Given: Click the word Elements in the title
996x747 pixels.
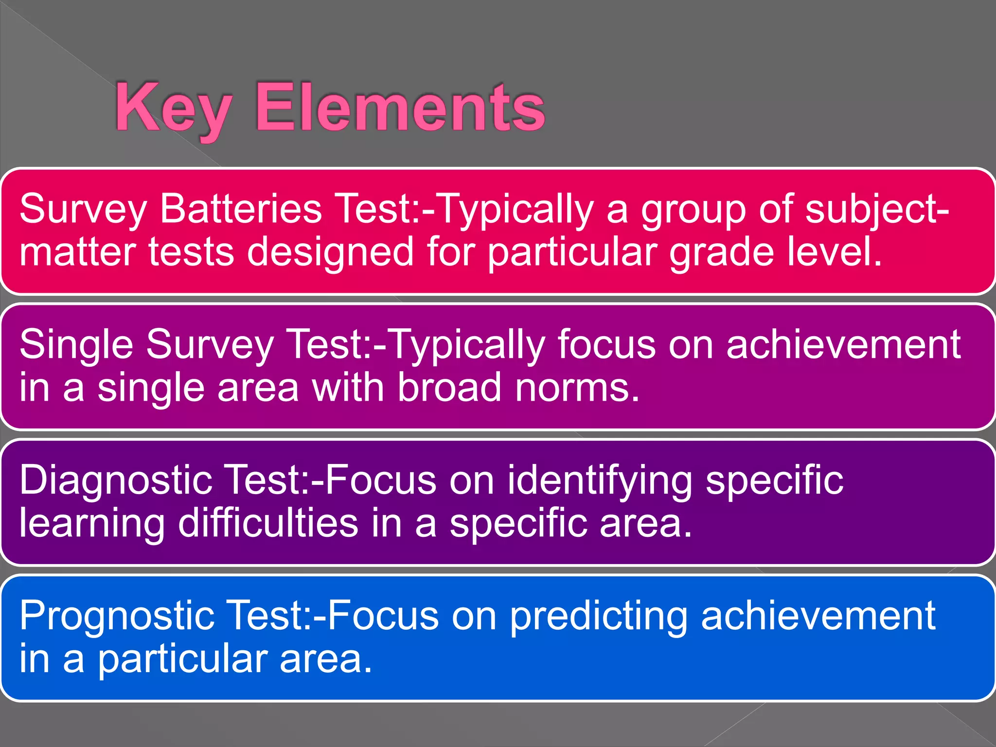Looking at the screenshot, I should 400,108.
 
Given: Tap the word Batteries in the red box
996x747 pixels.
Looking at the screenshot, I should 241,209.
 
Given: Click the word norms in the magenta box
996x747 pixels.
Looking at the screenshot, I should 576,388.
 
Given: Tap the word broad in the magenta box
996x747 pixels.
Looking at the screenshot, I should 449,388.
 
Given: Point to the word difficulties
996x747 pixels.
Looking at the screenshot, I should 268,523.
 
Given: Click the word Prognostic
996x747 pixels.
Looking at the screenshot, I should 117,616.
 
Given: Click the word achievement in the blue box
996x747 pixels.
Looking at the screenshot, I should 818,616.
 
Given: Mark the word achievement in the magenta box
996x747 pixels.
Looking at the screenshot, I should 843,345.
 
